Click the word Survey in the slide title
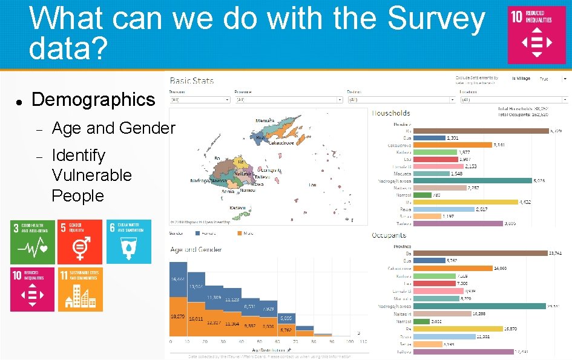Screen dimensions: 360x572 [436, 19]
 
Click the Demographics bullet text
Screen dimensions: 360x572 [93, 100]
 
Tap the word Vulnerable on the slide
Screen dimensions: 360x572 [91, 175]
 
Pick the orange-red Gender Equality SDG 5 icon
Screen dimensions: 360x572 [80, 241]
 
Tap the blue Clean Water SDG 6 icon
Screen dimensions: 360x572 [128, 241]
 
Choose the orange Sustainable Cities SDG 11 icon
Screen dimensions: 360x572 [80, 289]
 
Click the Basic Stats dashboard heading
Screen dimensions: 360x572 [191, 80]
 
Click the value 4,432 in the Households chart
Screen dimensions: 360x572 [525, 202]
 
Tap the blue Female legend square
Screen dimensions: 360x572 [197, 232]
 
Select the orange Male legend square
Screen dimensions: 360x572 [240, 232]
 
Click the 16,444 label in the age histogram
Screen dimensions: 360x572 [178, 280]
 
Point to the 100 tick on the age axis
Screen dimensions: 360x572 [344, 341]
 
